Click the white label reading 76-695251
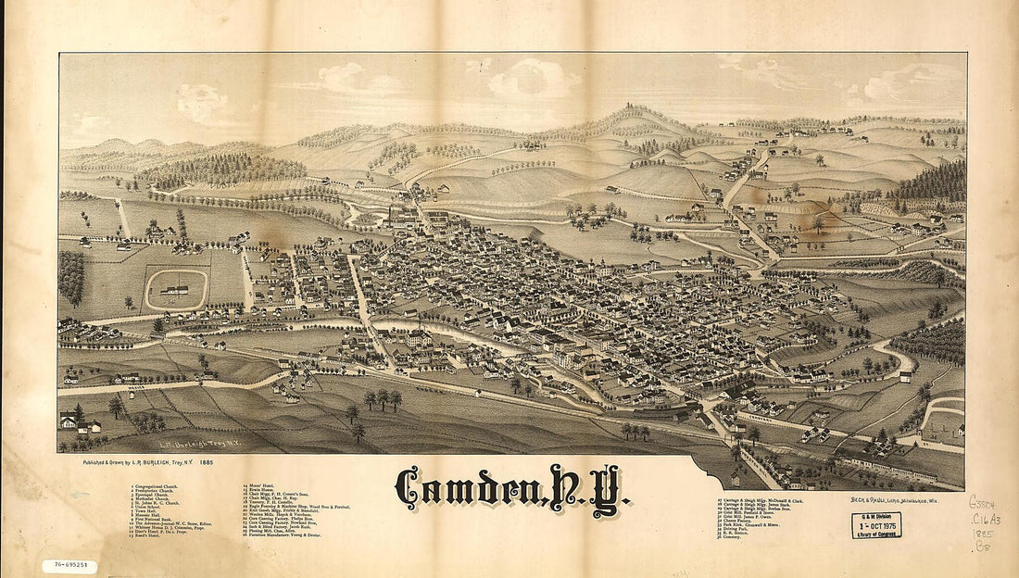coord(69,564)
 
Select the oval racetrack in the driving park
coord(175,289)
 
